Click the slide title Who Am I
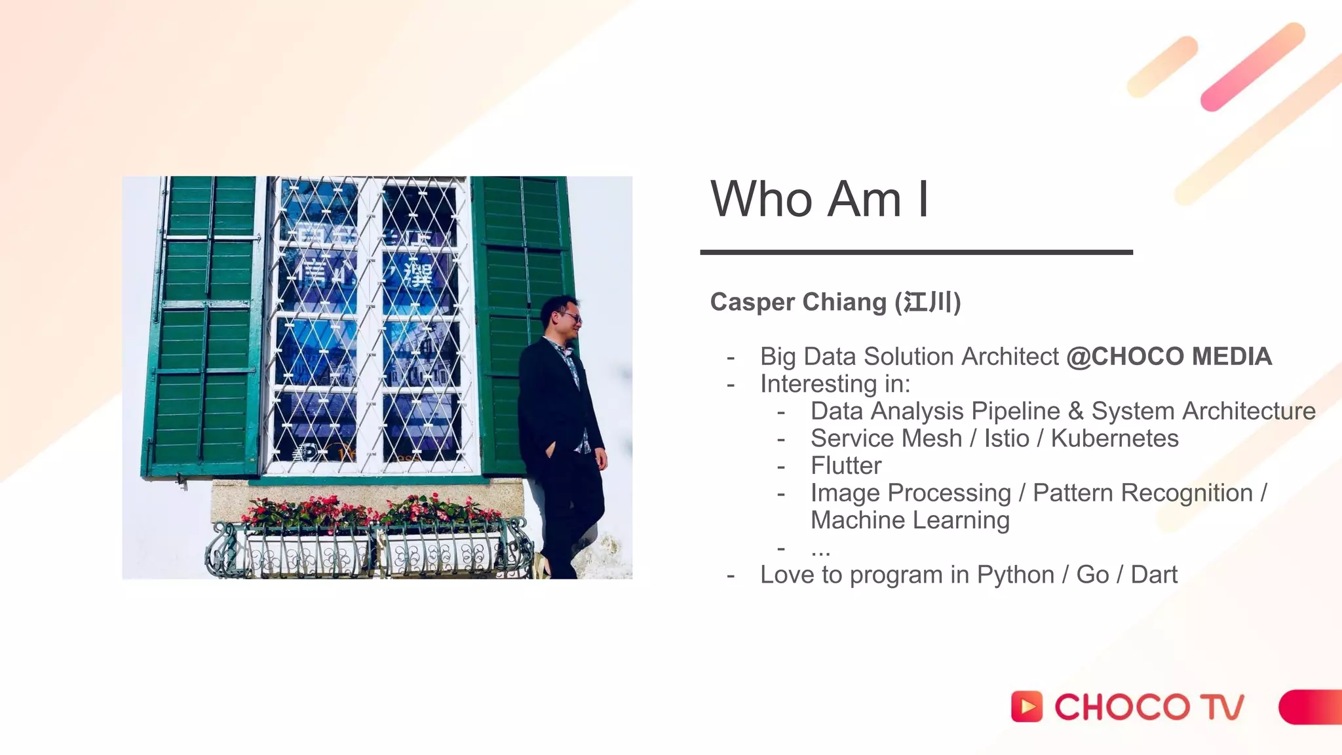[819, 199]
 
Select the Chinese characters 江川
[927, 303]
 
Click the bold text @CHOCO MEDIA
[1169, 357]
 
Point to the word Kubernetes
[1114, 438]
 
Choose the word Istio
[1006, 438]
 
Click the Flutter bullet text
[846, 466]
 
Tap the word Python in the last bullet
[1015, 575]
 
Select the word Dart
[1154, 575]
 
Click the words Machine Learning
[910, 520]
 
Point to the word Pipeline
[1015, 412]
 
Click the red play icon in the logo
[1026, 707]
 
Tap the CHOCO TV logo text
[1149, 707]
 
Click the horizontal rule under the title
[916, 252]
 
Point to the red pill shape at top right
[1252, 67]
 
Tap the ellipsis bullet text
[820, 549]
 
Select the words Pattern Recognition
[1143, 493]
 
